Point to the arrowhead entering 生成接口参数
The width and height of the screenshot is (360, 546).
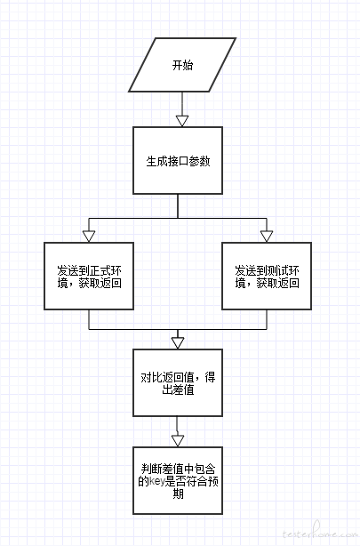(x=182, y=121)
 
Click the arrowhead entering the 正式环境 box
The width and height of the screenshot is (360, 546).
(x=89, y=237)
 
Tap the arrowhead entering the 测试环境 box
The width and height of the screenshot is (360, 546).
(x=267, y=237)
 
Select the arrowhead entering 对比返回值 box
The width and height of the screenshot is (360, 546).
(x=178, y=343)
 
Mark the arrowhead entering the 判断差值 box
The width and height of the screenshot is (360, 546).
(x=178, y=441)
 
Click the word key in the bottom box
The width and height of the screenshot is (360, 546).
(x=156, y=482)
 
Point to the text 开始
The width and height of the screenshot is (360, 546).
(x=182, y=65)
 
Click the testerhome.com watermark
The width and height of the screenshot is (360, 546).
(x=320, y=533)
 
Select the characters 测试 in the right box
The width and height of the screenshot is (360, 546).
(x=278, y=270)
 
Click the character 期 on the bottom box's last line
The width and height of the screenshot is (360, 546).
(x=178, y=494)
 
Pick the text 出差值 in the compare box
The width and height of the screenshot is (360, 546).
(x=178, y=389)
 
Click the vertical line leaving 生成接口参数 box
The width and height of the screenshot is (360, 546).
(x=178, y=206)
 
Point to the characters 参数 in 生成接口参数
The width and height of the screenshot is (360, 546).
(x=200, y=161)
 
